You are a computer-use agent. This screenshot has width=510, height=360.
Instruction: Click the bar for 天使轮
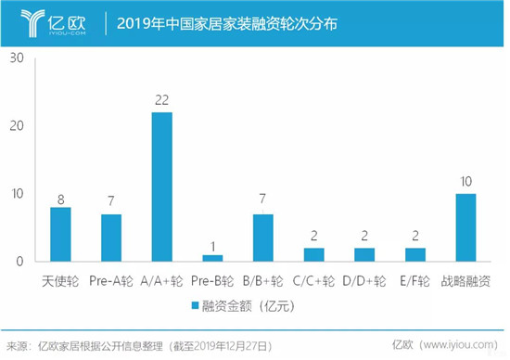click(x=60, y=235)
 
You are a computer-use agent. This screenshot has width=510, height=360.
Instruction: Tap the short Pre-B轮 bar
click(x=213, y=259)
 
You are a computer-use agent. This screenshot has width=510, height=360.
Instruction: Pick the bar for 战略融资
click(x=466, y=228)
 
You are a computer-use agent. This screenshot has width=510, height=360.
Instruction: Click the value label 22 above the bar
click(x=162, y=100)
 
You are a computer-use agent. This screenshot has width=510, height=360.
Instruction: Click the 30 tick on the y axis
click(x=17, y=58)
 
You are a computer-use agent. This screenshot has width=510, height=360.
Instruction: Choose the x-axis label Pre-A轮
click(x=111, y=279)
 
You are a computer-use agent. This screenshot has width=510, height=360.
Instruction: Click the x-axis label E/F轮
click(x=415, y=279)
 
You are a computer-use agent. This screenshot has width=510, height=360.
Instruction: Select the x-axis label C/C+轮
click(x=314, y=279)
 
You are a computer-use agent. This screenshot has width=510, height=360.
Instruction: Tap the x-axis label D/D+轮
click(x=364, y=279)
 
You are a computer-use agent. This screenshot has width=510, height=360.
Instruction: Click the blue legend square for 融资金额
click(x=196, y=304)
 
